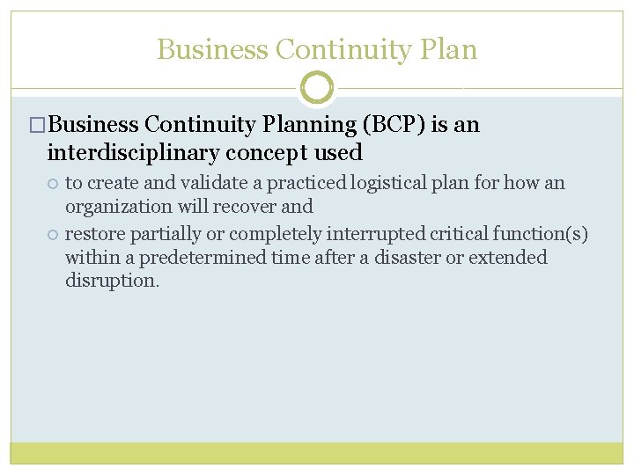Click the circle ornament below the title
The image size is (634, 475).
point(317,88)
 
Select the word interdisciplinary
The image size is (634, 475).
point(133,153)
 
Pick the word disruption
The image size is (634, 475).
point(112,281)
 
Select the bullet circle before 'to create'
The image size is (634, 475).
point(53,184)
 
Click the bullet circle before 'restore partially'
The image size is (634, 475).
point(53,234)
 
